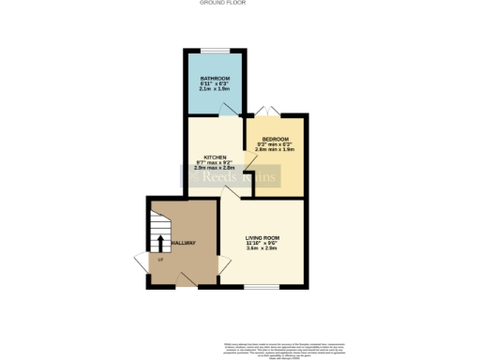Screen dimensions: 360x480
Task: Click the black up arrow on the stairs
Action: [158, 244]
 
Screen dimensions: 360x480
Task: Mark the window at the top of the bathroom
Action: [215, 51]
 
